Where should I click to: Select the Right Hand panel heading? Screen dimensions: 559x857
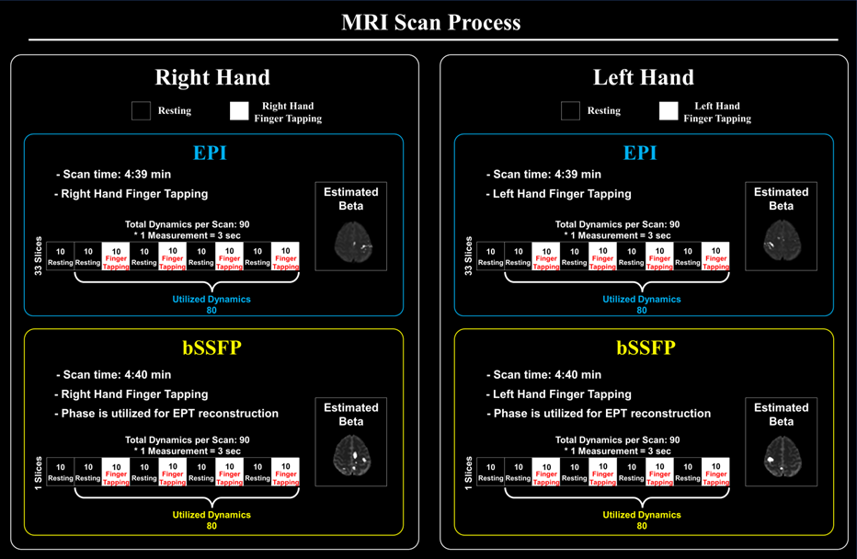point(212,78)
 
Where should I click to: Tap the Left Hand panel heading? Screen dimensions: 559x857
point(643,78)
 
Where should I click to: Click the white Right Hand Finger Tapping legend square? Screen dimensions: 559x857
point(239,111)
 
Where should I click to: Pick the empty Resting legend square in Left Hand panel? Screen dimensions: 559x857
point(570,111)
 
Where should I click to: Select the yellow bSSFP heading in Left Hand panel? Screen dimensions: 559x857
point(643,348)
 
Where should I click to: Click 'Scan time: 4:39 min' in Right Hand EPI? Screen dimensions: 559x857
point(113,175)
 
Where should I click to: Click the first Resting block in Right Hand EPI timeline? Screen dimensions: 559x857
point(60,257)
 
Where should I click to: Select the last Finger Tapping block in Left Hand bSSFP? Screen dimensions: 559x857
point(715,472)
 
